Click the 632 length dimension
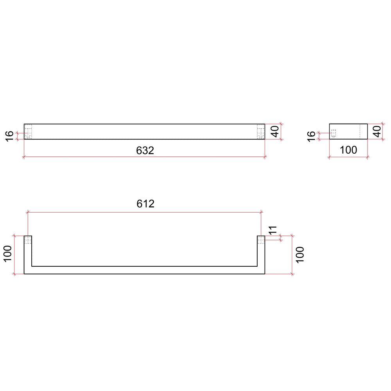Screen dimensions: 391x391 [x=145, y=150]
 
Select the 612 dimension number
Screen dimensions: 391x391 [x=145, y=204]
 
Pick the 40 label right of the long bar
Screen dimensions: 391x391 [x=274, y=131]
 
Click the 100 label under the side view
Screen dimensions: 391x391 [x=348, y=150]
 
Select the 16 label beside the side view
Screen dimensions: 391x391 [x=311, y=136]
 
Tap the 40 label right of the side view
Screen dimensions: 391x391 [x=377, y=131]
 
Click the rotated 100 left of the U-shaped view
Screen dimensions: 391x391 [x=8, y=255]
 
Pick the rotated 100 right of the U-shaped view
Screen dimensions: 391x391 [x=300, y=255]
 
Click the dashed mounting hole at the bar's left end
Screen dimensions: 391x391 [x=28, y=131]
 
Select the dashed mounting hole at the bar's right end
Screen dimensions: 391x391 [x=261, y=131]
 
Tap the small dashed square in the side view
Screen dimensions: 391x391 [x=334, y=133]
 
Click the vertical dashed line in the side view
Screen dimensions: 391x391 [x=359, y=131]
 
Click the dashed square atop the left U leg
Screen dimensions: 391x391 [x=28, y=240]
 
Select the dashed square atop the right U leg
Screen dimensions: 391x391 [x=261, y=240]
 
